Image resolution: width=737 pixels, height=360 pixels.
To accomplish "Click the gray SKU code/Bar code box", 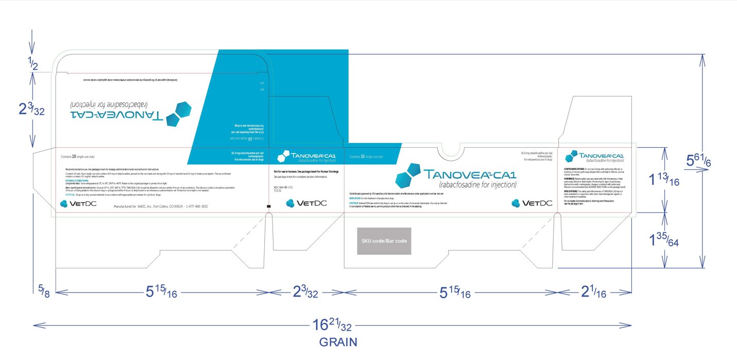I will (x=384, y=241).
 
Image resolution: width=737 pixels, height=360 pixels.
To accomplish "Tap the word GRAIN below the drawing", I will (x=338, y=342).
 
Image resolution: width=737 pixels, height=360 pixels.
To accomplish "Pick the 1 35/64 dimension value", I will (x=664, y=239).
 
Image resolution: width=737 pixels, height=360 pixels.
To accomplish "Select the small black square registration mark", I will (x=268, y=207).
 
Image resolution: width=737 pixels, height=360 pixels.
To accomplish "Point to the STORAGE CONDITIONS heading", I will (x=77, y=181).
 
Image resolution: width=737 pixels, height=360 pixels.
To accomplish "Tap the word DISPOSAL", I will (x=73, y=194).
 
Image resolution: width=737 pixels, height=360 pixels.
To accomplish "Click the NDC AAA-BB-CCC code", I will (x=283, y=187).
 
